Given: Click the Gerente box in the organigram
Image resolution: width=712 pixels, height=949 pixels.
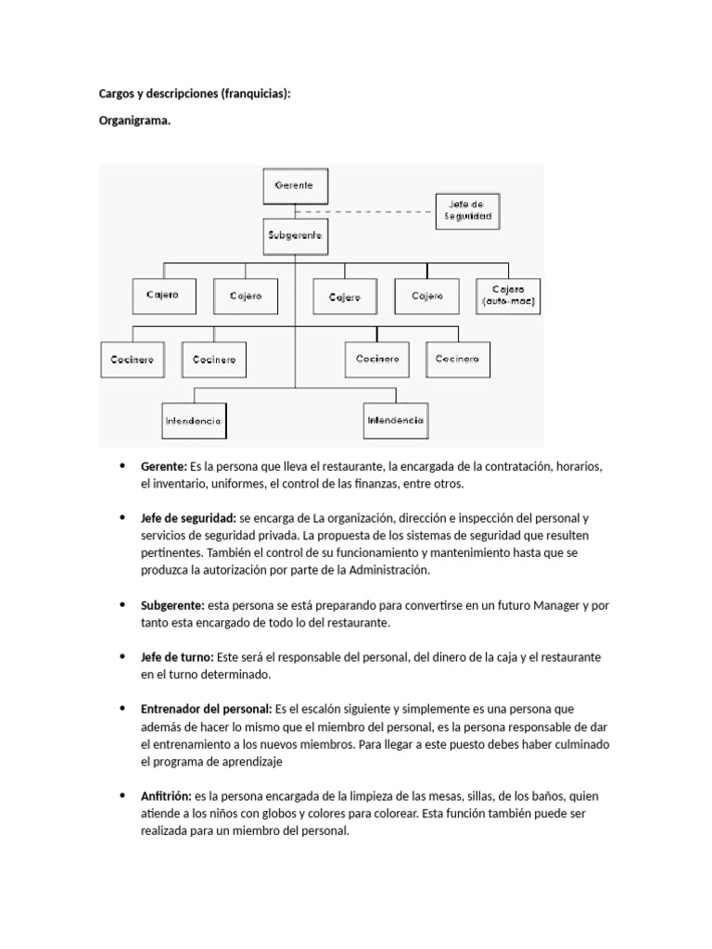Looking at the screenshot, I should point(295,185).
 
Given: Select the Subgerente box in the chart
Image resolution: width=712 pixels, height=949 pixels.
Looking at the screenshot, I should point(295,236).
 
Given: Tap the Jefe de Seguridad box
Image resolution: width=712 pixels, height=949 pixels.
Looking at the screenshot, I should point(467,210).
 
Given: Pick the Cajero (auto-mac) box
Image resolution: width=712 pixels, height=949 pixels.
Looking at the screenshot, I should point(508,296).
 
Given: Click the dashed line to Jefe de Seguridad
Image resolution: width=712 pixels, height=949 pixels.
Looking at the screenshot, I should point(381,210).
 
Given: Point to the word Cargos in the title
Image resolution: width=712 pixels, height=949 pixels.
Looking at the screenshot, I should point(117,94).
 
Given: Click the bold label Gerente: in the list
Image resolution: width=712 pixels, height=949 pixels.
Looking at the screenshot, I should point(164,466).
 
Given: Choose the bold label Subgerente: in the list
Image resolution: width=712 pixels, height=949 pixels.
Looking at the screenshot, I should point(172,605).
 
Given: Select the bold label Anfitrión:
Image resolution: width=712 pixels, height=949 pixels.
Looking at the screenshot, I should point(166,796).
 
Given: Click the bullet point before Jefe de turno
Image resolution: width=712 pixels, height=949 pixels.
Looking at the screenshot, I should point(122,657).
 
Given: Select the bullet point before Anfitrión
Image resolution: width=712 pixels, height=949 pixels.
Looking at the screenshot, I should point(122,796).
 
